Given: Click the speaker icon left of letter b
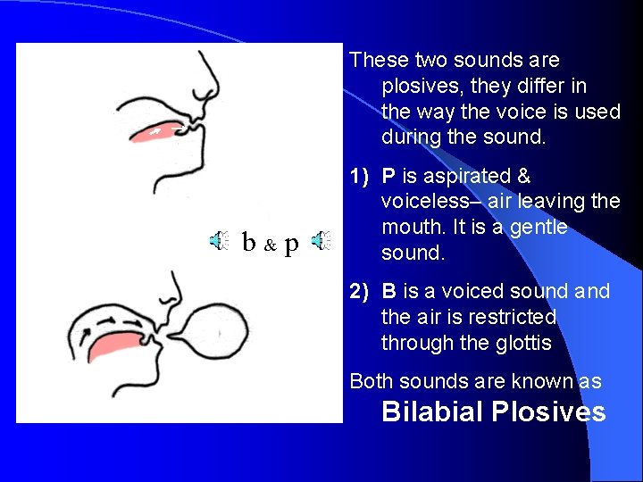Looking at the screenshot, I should pos(219,240).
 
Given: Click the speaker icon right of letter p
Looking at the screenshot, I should pos(321,240).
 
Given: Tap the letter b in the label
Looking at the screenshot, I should pos(250,241).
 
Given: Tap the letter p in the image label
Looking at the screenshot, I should pos(291,244).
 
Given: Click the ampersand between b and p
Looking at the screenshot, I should pos(271,244).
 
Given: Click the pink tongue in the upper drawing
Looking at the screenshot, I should pos(160,132).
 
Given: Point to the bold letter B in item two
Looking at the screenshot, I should pos(388,292).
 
